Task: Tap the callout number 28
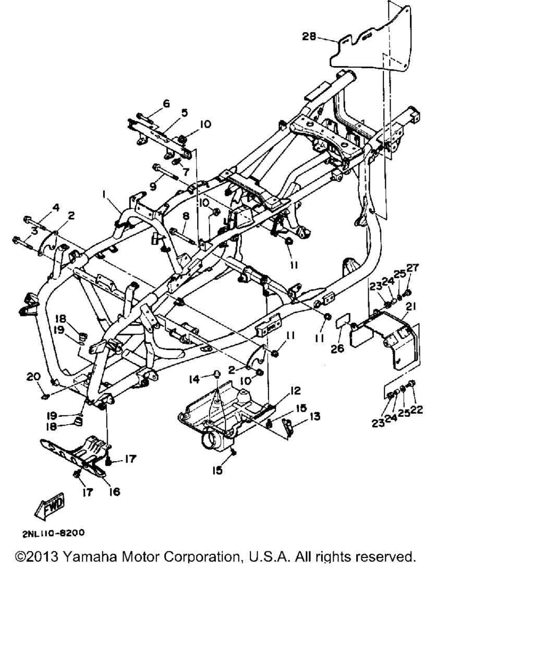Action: click(x=309, y=36)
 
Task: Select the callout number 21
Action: click(x=411, y=307)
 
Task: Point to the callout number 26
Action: click(x=337, y=349)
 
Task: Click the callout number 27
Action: click(x=413, y=267)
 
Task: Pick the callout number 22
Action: click(x=416, y=410)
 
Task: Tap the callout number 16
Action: click(x=114, y=492)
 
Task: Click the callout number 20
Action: click(x=33, y=377)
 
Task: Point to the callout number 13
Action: click(x=315, y=416)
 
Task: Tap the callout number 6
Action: click(x=166, y=104)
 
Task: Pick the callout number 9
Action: click(x=153, y=187)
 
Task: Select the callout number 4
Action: click(x=56, y=208)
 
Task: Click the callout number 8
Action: click(x=186, y=216)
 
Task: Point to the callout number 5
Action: click(x=185, y=113)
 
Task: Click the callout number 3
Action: click(x=34, y=230)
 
